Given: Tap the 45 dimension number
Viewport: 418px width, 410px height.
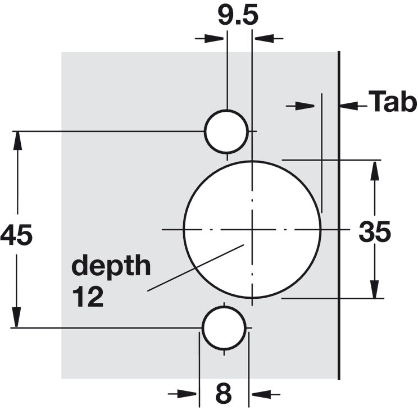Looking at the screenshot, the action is point(16,235).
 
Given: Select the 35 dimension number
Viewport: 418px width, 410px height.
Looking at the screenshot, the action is point(375,231).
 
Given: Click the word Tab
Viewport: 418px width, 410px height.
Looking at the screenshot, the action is point(393,101).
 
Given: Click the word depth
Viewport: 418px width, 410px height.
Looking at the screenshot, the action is point(111,265).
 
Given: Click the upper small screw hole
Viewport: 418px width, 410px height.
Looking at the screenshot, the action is point(226,131).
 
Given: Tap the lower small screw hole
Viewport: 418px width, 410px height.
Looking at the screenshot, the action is point(224,327).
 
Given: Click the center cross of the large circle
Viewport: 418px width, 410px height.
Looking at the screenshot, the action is point(252,229).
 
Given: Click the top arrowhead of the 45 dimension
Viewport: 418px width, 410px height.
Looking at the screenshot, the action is point(17,141).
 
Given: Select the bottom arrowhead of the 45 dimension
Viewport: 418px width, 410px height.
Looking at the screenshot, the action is point(16,317).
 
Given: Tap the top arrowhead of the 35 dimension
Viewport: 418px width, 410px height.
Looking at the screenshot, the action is point(375,171).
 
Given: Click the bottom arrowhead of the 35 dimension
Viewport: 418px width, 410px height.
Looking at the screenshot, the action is point(375,289).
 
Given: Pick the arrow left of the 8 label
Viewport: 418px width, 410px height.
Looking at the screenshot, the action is point(183,394).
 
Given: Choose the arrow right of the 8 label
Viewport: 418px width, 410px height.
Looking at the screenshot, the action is point(265,394).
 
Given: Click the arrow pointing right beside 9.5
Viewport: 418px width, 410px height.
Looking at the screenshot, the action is point(209,38).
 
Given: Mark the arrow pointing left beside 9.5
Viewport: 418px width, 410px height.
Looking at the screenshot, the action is point(269,38).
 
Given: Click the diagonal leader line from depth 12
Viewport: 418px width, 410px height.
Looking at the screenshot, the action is point(196,268).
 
